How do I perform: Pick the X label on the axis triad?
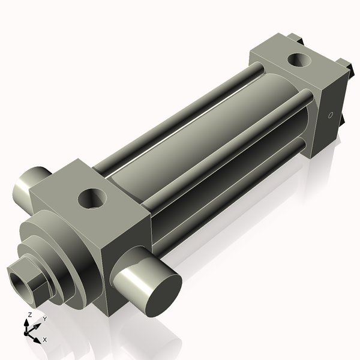(x=44, y=340)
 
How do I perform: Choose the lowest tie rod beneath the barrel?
(x=228, y=180)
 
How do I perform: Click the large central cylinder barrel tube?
(x=198, y=144)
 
